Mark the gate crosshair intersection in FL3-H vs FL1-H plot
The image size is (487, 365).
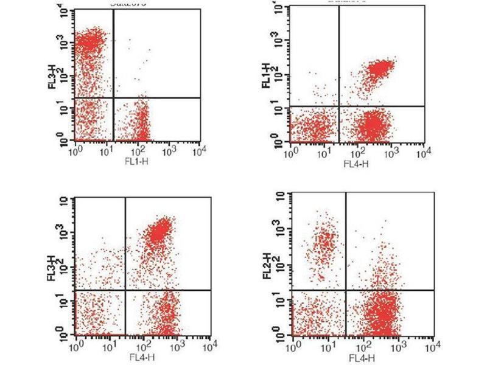tap(114, 97)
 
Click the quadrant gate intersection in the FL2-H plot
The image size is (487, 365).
tap(346, 290)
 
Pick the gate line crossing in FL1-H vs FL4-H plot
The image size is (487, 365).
tap(338, 106)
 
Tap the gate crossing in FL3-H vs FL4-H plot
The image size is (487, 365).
tap(125, 290)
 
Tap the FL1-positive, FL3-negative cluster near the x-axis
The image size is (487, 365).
tap(142, 125)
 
